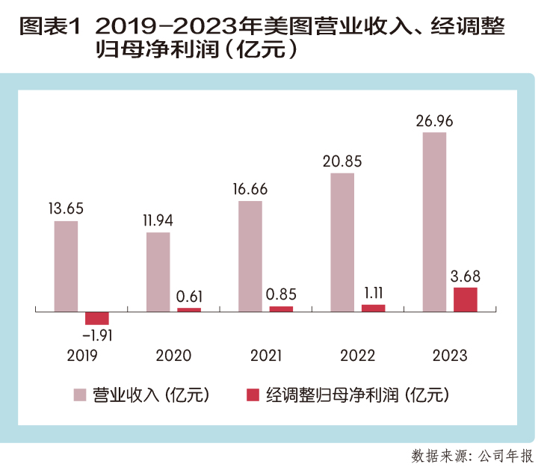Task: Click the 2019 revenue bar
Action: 66,265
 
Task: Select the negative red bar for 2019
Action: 97,318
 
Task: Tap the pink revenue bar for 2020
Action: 158,271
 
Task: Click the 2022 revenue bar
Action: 342,241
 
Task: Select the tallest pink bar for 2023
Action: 434,221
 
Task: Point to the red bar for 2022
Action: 373,307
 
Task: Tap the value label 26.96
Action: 434,120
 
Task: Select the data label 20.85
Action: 342,161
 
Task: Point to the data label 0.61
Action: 189,296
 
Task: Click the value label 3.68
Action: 465,275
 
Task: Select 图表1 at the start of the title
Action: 47,28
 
